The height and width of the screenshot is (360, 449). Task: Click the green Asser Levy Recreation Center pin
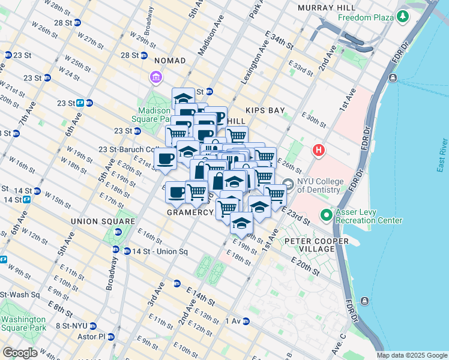[x=327, y=214]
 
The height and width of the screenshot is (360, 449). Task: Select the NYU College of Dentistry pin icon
[x=288, y=184]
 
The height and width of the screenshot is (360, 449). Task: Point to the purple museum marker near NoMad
[x=155, y=77]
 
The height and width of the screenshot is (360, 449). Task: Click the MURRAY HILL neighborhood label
[x=327, y=8]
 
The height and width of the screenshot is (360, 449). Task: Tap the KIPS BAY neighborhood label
[x=265, y=111]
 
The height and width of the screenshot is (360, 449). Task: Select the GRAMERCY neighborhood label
[x=190, y=212]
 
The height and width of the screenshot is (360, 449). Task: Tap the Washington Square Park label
[x=23, y=324]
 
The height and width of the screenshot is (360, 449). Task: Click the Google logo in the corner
[x=20, y=353]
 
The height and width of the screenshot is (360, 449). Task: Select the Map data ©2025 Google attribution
[x=412, y=355]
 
